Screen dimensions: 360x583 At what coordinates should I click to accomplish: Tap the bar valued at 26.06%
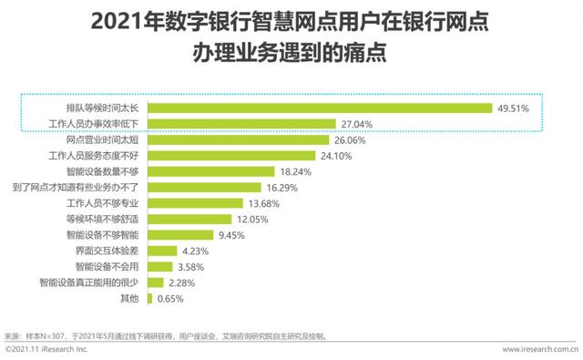click(x=237, y=139)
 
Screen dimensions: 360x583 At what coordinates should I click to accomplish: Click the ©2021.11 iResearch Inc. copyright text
click(x=46, y=349)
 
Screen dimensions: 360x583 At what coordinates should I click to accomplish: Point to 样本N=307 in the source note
click(x=48, y=335)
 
